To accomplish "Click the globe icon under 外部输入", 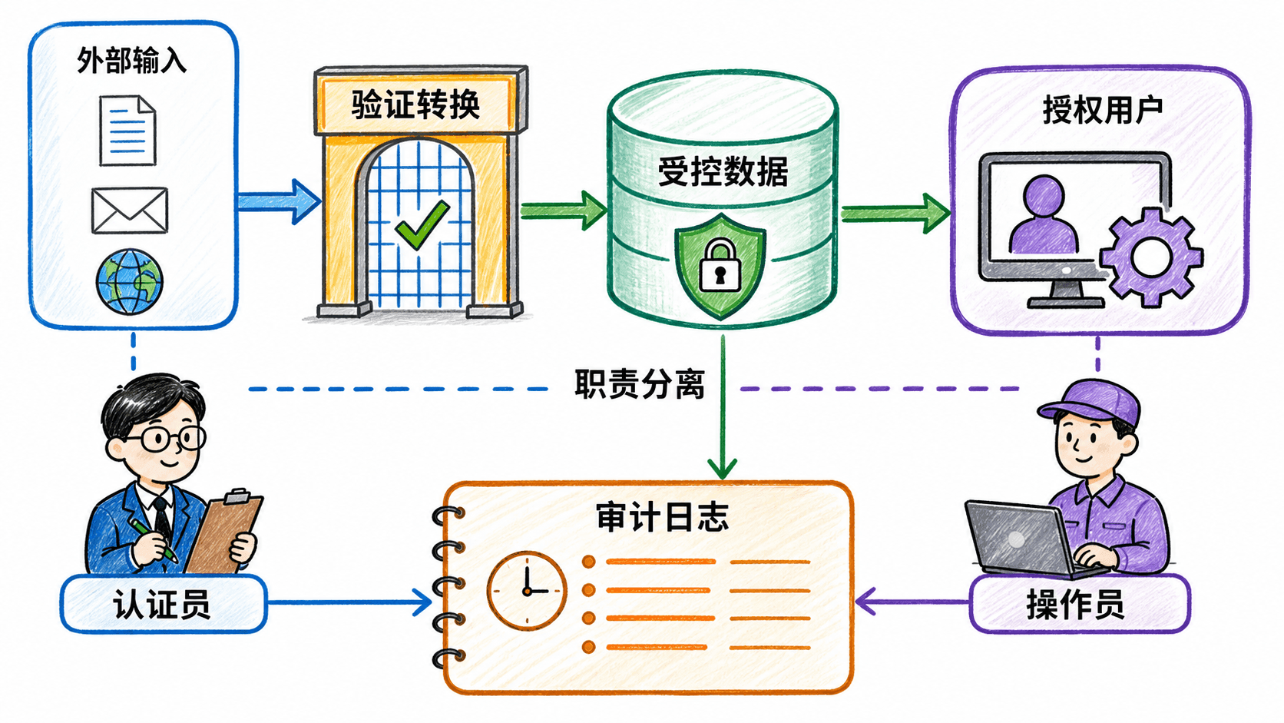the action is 130,281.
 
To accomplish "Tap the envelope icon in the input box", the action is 130,211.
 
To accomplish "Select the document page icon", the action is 127,131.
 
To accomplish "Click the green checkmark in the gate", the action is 422,224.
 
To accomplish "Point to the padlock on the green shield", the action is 720,266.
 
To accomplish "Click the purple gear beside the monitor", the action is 1151,257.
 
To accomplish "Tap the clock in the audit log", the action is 527,591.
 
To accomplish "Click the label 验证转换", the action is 415,104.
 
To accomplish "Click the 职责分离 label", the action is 640,383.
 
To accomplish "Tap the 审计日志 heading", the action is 663,516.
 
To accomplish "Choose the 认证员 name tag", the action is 164,605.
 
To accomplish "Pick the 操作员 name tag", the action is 1080,605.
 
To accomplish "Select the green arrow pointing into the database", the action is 564,211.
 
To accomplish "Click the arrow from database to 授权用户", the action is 895,214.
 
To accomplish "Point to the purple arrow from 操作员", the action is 912,602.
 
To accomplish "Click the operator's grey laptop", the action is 1021,539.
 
